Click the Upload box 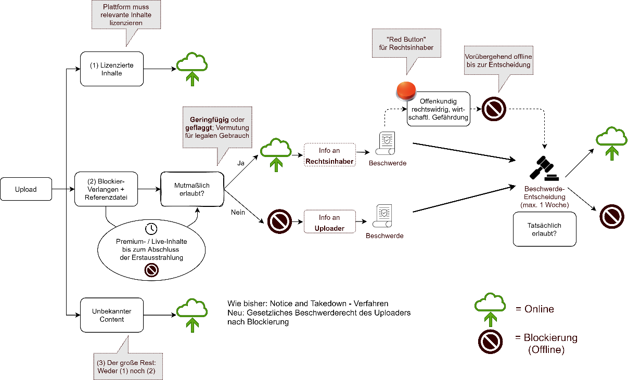point(26,189)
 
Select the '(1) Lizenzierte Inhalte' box point(112,69)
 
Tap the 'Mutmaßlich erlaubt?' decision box point(192,189)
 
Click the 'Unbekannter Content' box point(112,315)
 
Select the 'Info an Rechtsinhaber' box point(330,155)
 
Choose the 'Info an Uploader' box point(330,222)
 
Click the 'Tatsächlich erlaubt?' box point(544,229)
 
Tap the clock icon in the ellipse point(151,229)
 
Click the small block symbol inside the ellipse point(151,270)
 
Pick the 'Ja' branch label point(241,163)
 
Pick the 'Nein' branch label point(238,212)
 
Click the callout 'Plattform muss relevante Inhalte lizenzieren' point(126,15)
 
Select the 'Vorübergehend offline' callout point(498,60)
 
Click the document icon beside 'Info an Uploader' point(382,216)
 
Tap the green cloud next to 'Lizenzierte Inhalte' point(192,69)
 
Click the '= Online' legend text point(535,309)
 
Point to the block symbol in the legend point(490,342)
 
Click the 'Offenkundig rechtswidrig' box point(439,109)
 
